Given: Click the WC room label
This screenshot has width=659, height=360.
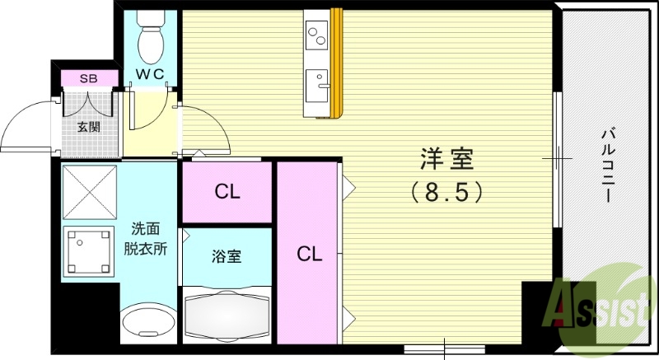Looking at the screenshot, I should [x=151, y=74].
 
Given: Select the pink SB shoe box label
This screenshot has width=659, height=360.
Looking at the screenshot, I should [x=88, y=79].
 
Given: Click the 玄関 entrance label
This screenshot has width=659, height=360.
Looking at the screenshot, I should [x=89, y=128].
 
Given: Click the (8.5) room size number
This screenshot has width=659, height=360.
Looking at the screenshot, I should [x=446, y=192].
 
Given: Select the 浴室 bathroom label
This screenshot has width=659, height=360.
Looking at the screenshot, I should [x=227, y=256].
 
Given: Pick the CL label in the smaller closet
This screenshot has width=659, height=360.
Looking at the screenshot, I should [x=227, y=193].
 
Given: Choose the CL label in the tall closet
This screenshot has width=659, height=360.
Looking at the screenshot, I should [x=309, y=254].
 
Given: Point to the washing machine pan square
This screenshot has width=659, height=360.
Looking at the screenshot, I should [x=88, y=250].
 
